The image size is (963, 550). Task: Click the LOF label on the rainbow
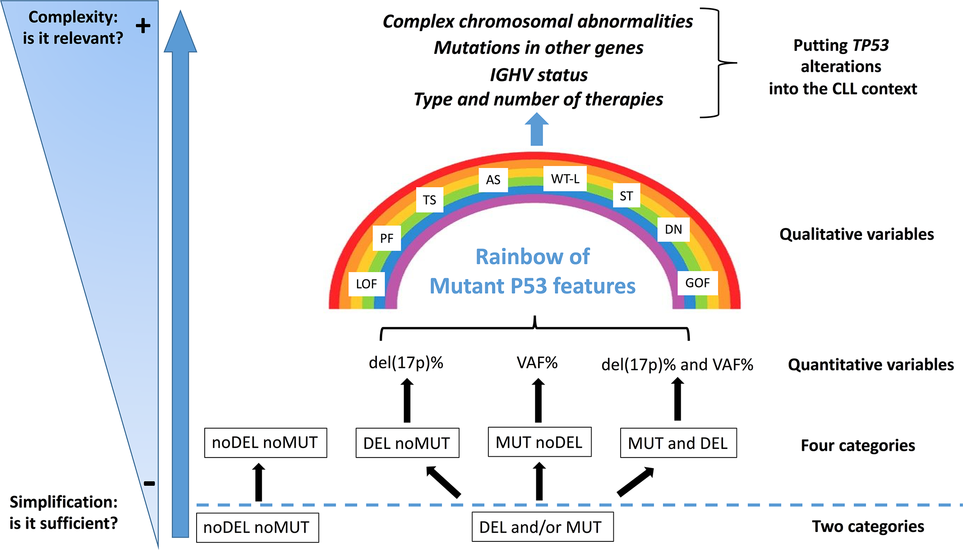click(x=366, y=284)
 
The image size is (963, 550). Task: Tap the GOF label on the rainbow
click(x=697, y=283)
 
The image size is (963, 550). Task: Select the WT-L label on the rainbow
click(x=565, y=179)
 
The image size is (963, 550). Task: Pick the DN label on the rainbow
click(x=673, y=229)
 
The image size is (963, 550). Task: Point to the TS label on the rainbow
click(x=429, y=200)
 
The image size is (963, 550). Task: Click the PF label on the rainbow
click(x=386, y=238)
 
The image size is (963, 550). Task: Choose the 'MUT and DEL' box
click(x=678, y=443)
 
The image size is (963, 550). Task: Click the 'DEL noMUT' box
click(x=407, y=443)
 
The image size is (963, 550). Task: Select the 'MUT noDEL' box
click(x=539, y=442)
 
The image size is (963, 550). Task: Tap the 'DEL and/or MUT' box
click(x=542, y=527)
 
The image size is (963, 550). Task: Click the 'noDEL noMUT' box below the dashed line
click(x=257, y=527)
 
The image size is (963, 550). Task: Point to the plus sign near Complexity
click(x=143, y=26)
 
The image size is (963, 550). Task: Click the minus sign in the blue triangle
click(x=149, y=483)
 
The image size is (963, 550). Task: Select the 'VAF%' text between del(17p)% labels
click(x=537, y=363)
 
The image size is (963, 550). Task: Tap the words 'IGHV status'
click(x=539, y=75)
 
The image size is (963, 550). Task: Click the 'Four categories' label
click(x=857, y=445)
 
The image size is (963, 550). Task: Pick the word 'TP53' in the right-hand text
click(x=870, y=45)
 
